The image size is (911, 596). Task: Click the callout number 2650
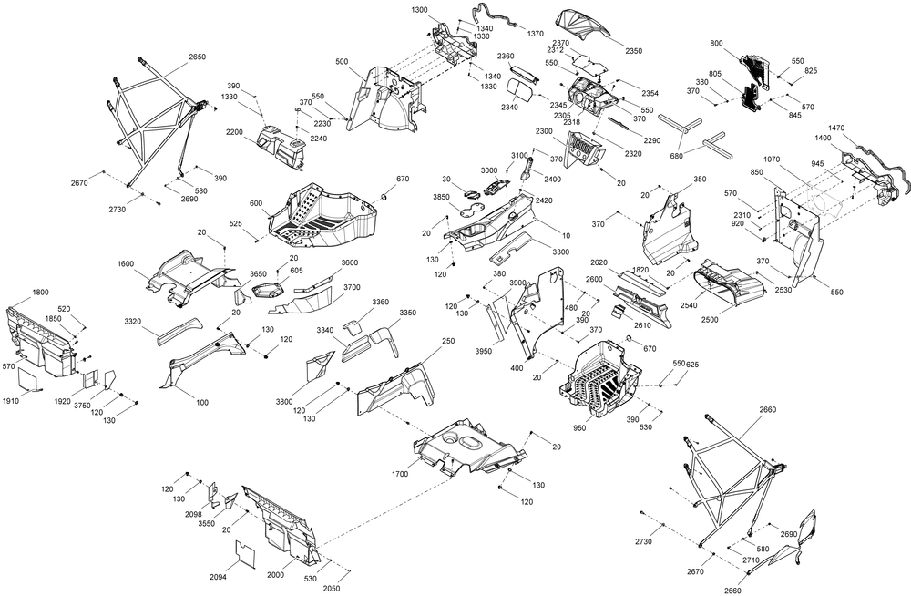pyautogui.click(x=197, y=57)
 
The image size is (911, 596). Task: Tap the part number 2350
pyautogui.click(x=633, y=51)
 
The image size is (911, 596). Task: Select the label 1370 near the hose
pyautogui.click(x=535, y=34)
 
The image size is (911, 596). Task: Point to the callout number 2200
pyautogui.click(x=235, y=132)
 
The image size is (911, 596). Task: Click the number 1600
pyautogui.click(x=126, y=263)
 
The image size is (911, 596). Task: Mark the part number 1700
pyautogui.click(x=400, y=474)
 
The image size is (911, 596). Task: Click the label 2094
pyautogui.click(x=218, y=577)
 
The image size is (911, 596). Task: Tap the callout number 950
pyautogui.click(x=579, y=428)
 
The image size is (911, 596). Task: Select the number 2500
pyautogui.click(x=710, y=319)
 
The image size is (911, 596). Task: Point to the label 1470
pyautogui.click(x=836, y=128)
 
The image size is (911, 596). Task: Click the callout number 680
pyautogui.click(x=676, y=156)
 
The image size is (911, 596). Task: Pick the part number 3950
pyautogui.click(x=484, y=351)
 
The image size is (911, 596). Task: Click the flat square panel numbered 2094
pyautogui.click(x=246, y=552)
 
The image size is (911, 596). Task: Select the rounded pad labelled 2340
pyautogui.click(x=520, y=90)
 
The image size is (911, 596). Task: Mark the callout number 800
pyautogui.click(x=716, y=43)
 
